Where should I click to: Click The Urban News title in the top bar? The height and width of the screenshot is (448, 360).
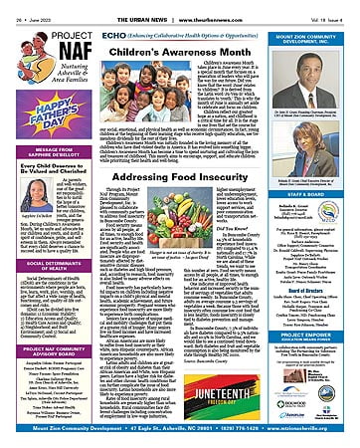(180, 6)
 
